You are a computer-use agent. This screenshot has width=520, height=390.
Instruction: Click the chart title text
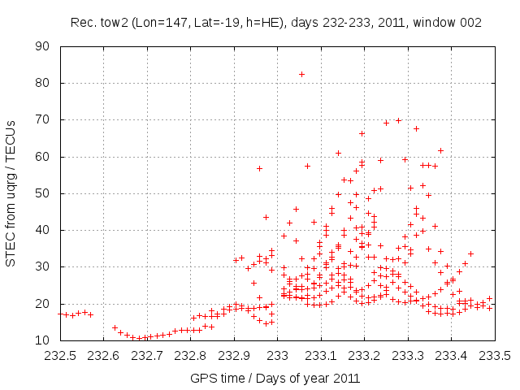(x=275, y=21)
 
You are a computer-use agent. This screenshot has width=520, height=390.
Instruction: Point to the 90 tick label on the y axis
(x=43, y=46)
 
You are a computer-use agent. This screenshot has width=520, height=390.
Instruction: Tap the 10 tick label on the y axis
(x=43, y=340)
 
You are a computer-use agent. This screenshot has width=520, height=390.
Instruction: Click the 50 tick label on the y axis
(x=43, y=193)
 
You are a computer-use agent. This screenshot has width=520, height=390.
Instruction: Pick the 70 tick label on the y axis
(x=43, y=119)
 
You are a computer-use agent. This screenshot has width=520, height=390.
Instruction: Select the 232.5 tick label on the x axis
(x=60, y=356)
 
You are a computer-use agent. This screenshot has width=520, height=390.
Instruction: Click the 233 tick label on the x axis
(x=278, y=356)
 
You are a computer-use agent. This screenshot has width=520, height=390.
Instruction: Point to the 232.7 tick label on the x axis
(x=147, y=356)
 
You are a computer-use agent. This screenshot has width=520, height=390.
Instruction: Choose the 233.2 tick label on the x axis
(x=365, y=356)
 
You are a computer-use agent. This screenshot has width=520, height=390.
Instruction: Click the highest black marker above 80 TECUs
(x=301, y=74)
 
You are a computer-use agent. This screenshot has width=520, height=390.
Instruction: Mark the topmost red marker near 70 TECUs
(x=398, y=120)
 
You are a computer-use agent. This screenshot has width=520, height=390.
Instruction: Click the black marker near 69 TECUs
(x=386, y=123)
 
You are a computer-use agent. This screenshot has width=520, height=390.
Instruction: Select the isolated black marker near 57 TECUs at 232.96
(x=259, y=168)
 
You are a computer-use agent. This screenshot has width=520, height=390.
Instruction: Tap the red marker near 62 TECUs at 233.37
(x=440, y=150)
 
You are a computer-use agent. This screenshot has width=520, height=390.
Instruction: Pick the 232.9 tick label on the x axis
(x=234, y=356)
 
